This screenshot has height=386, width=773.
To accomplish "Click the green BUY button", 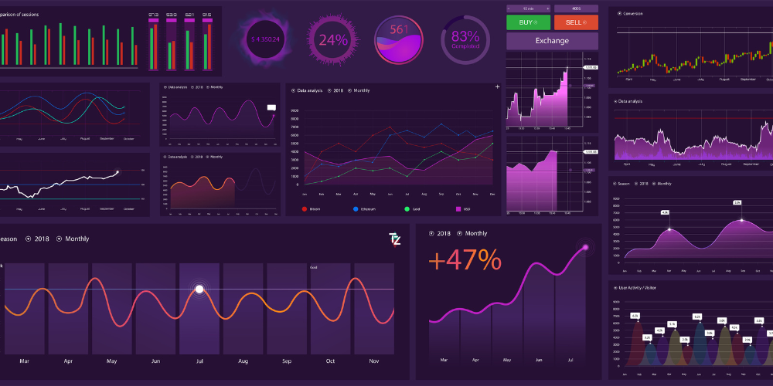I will click(528, 22).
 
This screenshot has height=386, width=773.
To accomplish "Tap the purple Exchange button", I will click(552, 41).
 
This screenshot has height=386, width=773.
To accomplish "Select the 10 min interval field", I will click(528, 8).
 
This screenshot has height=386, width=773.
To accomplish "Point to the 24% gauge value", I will click(333, 40).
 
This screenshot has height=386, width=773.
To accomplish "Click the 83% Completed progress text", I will click(465, 39).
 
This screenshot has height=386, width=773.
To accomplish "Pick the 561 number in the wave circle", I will click(399, 29).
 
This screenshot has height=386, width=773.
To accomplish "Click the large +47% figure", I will click(464, 260).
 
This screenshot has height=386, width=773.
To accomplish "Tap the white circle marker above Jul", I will click(199, 289).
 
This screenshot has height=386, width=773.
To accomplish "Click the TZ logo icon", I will click(395, 239).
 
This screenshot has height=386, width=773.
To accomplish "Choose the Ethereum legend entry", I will click(362, 209).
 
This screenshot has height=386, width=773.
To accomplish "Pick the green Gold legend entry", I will click(411, 209).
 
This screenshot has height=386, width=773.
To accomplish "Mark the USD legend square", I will click(459, 209).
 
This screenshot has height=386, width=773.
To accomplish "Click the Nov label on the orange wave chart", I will click(374, 361).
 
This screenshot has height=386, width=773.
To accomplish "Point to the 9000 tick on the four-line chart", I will click(295, 110).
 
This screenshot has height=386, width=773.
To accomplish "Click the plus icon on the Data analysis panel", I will click(497, 87).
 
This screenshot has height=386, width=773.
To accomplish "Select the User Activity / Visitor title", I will click(637, 287).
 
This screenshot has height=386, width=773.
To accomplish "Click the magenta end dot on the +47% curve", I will click(585, 247).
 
